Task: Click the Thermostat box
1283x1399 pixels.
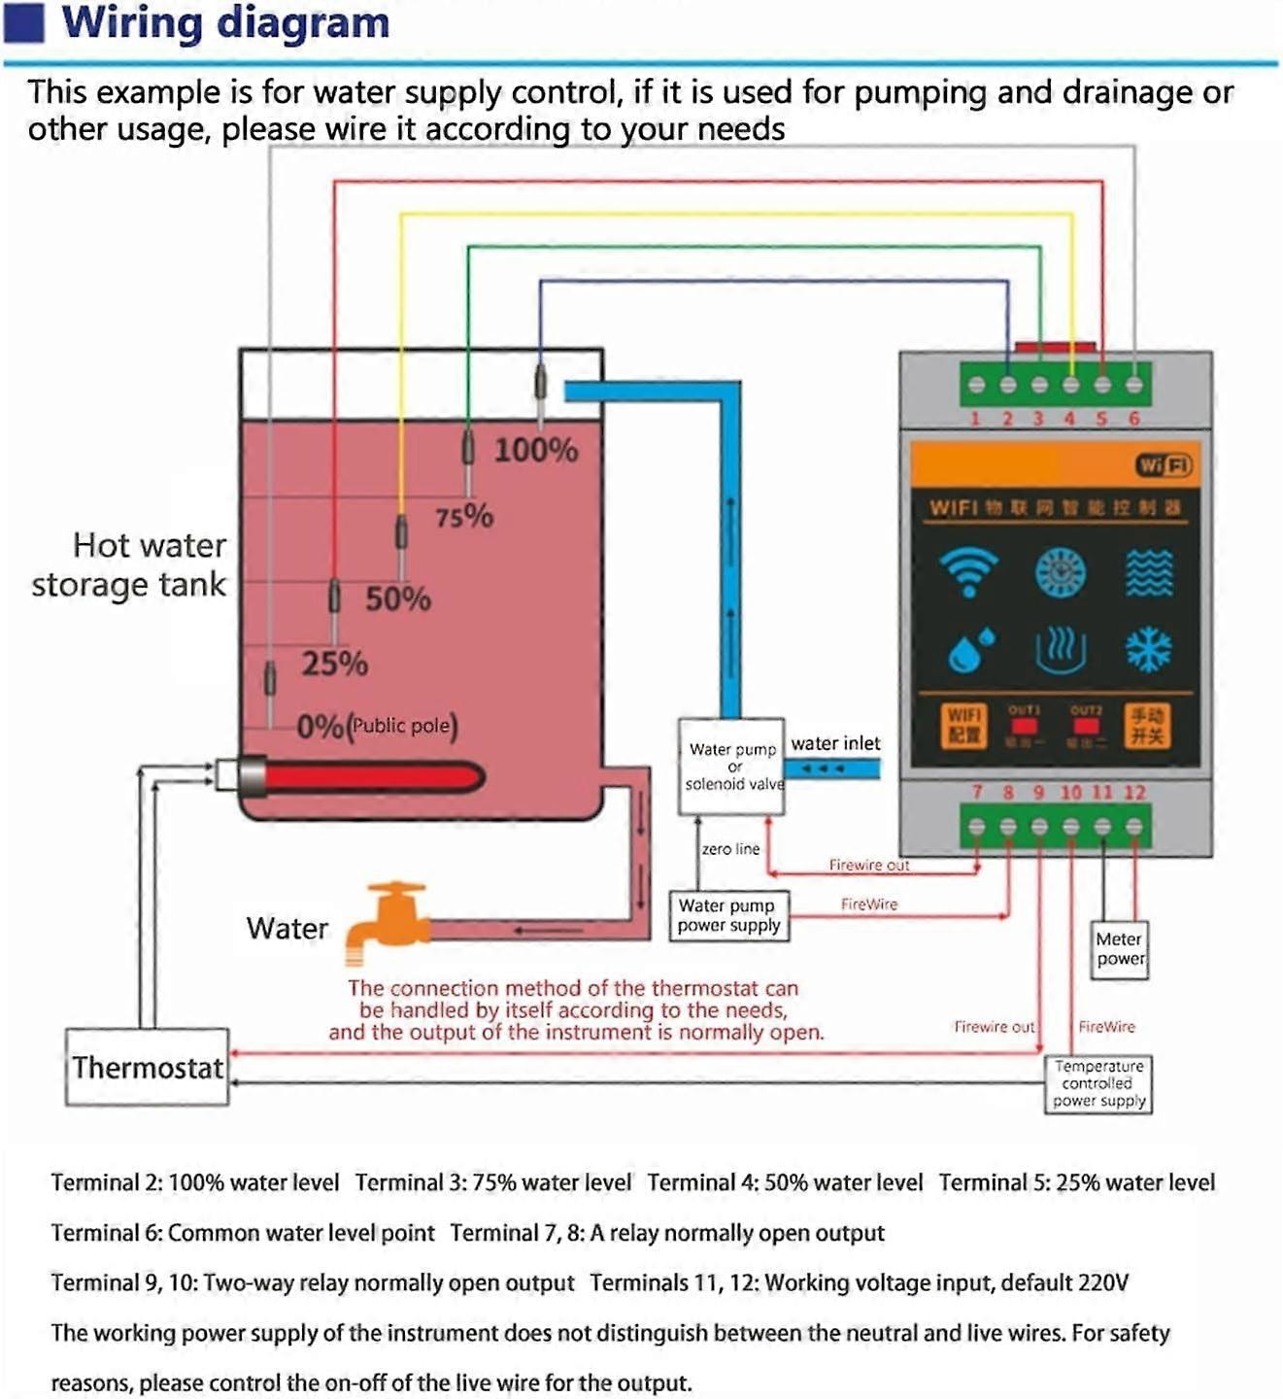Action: pyautogui.click(x=148, y=1067)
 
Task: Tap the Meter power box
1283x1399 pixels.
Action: pyautogui.click(x=1119, y=949)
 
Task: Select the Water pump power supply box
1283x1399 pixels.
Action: pyautogui.click(x=728, y=915)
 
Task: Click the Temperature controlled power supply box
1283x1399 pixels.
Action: pyautogui.click(x=1098, y=1083)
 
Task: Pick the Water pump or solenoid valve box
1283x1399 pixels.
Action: pyautogui.click(x=731, y=766)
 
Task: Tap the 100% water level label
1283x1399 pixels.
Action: pyautogui.click(x=535, y=450)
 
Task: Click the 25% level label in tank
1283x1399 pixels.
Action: pyautogui.click(x=334, y=664)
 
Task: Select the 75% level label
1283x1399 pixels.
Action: pyautogui.click(x=463, y=516)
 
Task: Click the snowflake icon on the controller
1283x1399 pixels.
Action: pyautogui.click(x=1148, y=650)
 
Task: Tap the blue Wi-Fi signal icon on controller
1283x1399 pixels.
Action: pyautogui.click(x=968, y=571)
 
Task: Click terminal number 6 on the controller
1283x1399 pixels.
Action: pyautogui.click(x=1133, y=419)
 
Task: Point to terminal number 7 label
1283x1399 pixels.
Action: pyautogui.click(x=977, y=792)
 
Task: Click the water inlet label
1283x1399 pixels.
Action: pyautogui.click(x=835, y=743)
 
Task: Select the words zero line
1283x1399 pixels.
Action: pyautogui.click(x=730, y=849)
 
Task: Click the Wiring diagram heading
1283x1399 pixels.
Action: pyautogui.click(x=225, y=22)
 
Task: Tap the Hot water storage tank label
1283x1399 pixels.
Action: pyautogui.click(x=129, y=564)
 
